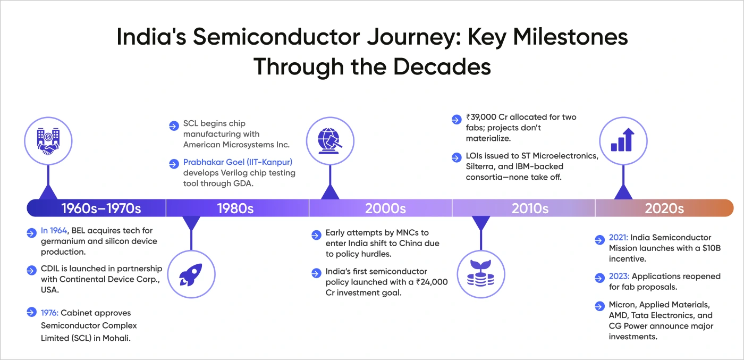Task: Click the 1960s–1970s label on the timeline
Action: [x=101, y=208]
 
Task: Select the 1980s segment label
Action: [x=235, y=208]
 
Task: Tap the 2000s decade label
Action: [x=385, y=208]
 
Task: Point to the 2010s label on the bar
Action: [x=530, y=208]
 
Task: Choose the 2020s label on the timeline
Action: [x=664, y=208]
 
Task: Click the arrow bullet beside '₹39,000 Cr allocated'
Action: [x=456, y=118]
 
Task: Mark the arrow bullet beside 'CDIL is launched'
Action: [x=31, y=270]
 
